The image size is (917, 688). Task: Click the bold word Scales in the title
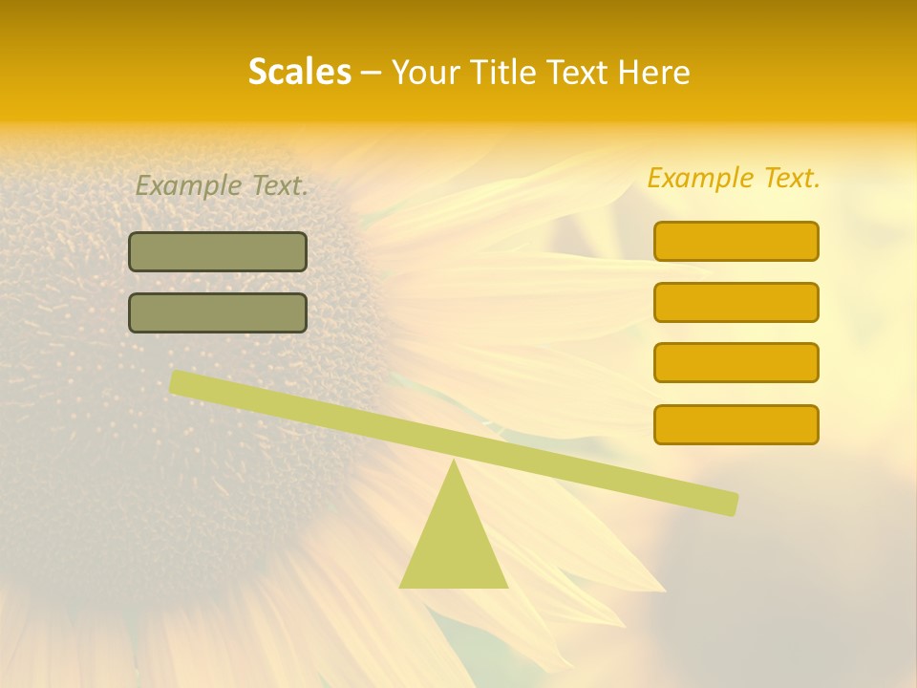click(299, 72)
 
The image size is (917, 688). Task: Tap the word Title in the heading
click(505, 72)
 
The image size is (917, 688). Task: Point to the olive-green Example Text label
click(222, 185)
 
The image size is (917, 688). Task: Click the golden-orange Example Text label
click(734, 178)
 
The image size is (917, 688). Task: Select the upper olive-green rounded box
click(218, 251)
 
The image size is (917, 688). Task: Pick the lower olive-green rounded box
click(218, 312)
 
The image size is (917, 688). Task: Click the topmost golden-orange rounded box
click(736, 241)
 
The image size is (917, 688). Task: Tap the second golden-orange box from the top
click(736, 302)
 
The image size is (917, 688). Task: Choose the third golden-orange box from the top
click(736, 363)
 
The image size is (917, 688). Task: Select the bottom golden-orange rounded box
click(736, 424)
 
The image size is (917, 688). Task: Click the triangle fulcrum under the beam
click(454, 540)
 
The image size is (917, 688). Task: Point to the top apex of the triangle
click(454, 464)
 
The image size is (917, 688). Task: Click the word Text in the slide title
click(584, 72)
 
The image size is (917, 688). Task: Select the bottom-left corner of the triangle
click(402, 586)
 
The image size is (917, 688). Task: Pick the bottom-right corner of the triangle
click(505, 586)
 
